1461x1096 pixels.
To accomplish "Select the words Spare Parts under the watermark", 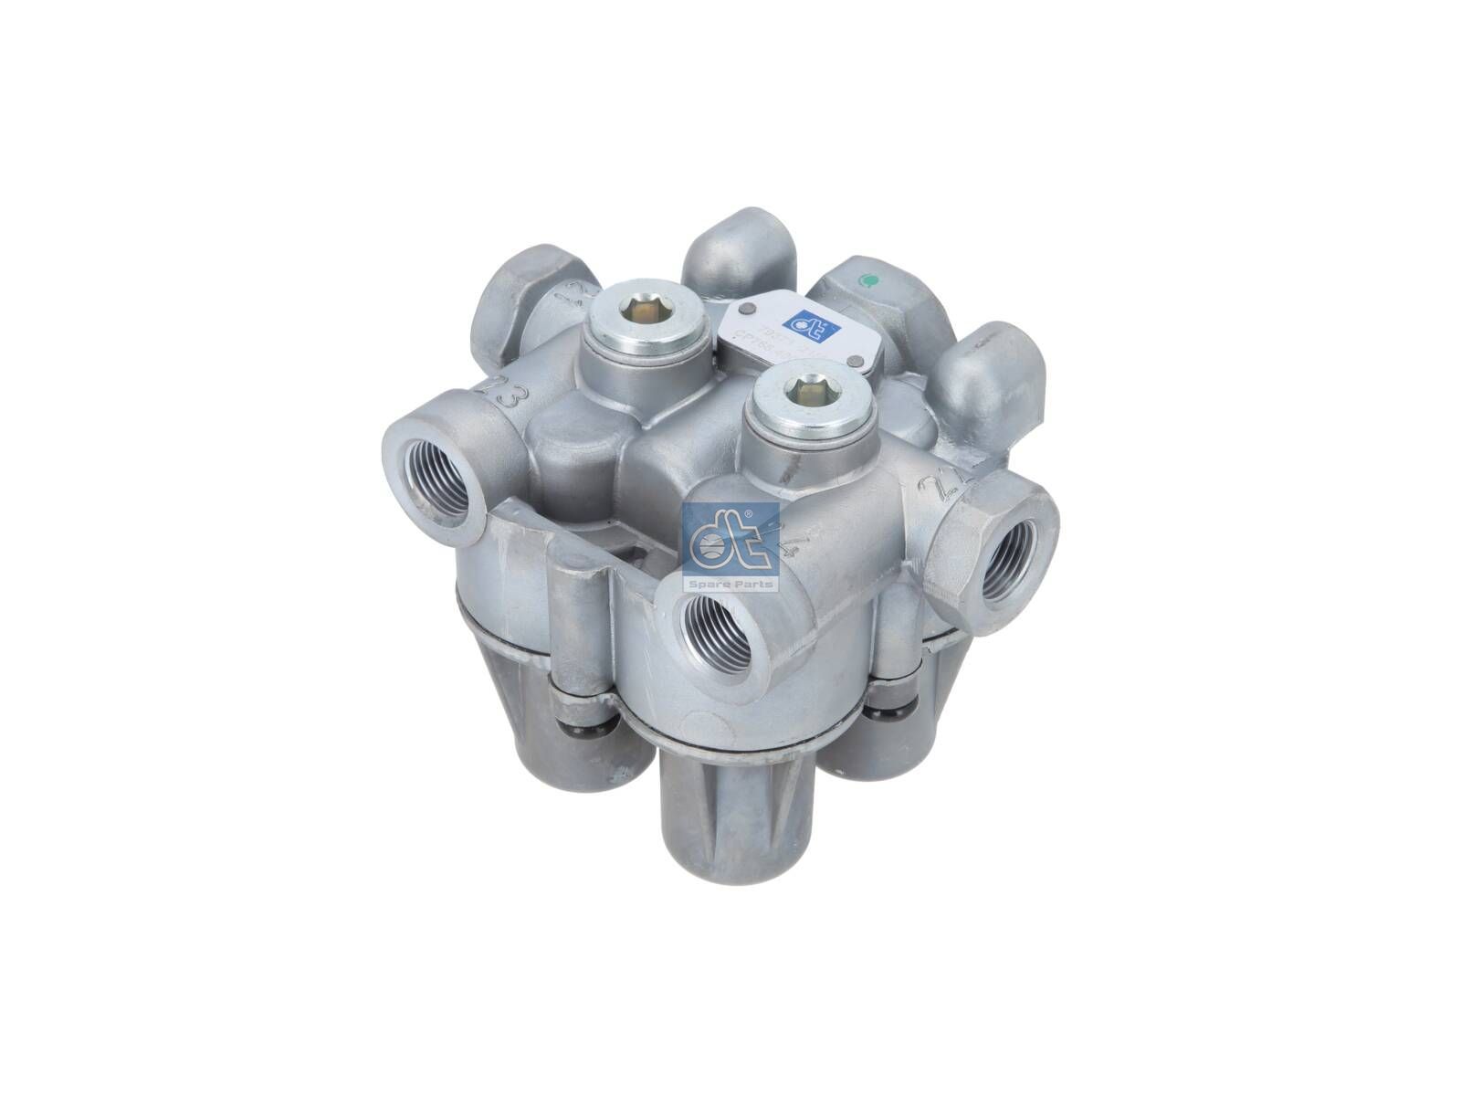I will (x=730, y=584).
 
